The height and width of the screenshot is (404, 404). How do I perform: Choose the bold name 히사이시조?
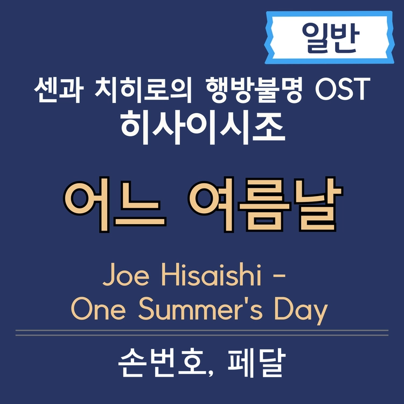[x=202, y=127]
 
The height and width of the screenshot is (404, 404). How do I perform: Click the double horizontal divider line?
[x=202, y=332]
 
